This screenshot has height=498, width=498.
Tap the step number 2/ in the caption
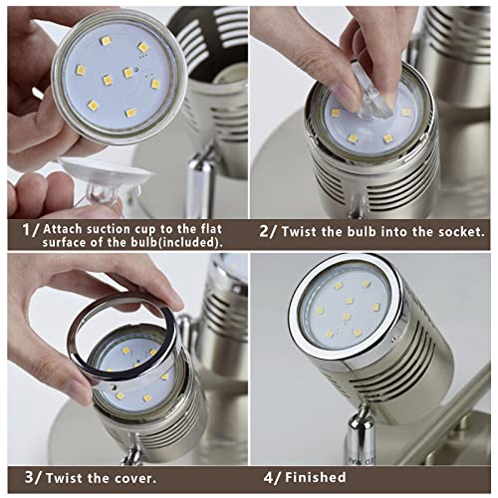(x=268, y=230)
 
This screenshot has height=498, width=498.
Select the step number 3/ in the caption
(x=33, y=478)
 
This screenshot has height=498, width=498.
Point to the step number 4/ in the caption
(x=271, y=478)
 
